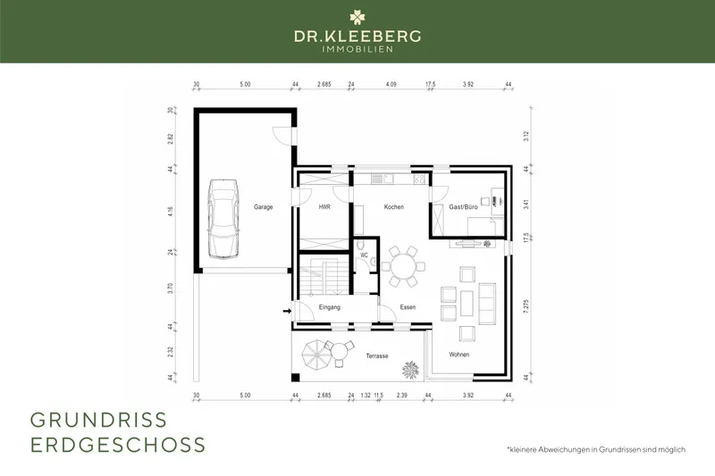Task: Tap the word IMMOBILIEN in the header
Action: pyautogui.click(x=357, y=50)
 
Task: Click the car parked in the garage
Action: pyautogui.click(x=222, y=217)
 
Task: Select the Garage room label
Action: pyautogui.click(x=262, y=206)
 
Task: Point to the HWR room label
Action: pyautogui.click(x=324, y=206)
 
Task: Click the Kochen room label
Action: pyautogui.click(x=394, y=206)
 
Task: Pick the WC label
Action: pyautogui.click(x=365, y=255)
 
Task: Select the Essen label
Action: pyautogui.click(x=408, y=307)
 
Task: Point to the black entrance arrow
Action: pyautogui.click(x=287, y=311)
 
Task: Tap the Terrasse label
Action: pyautogui.click(x=376, y=355)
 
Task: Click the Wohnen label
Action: pyautogui.click(x=459, y=355)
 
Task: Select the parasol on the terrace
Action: pyautogui.click(x=316, y=355)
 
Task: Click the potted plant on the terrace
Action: pyautogui.click(x=412, y=369)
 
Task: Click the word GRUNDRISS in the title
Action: pyautogui.click(x=98, y=420)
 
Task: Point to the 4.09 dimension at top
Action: pyautogui.click(x=391, y=85)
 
